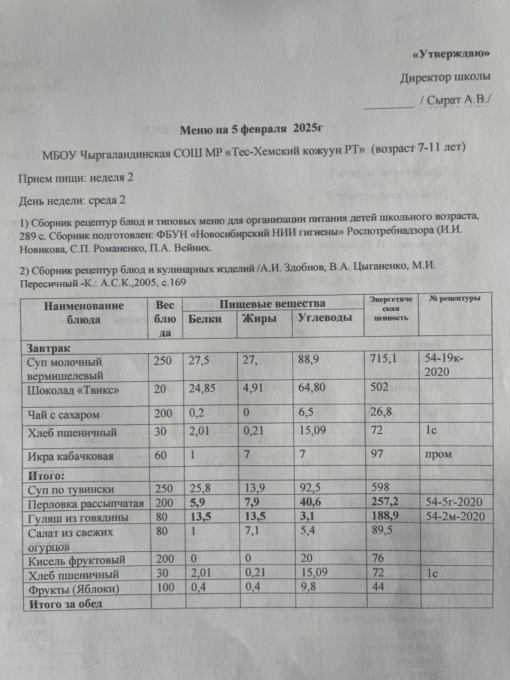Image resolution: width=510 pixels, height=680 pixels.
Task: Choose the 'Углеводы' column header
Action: click(x=325, y=318)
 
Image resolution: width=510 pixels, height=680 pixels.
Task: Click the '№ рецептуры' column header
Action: click(x=455, y=298)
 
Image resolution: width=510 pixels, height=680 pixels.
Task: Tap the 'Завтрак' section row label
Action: click(x=48, y=348)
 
